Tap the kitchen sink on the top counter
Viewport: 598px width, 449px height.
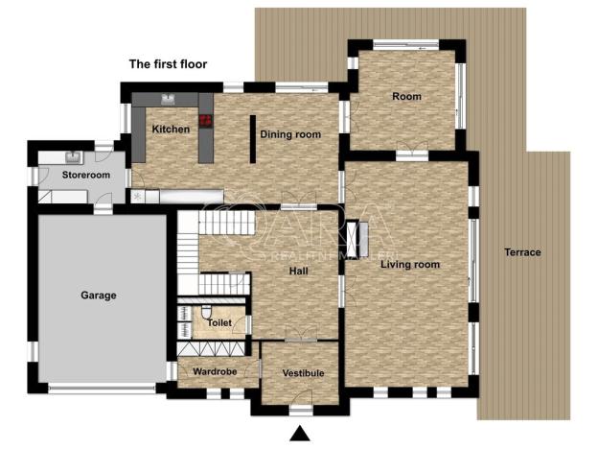167,99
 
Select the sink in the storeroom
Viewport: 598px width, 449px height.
72,156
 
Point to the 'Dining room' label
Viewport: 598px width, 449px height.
290,135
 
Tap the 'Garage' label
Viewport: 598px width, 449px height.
98,295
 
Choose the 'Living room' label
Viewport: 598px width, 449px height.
409,265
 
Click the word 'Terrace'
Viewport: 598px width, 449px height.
522,253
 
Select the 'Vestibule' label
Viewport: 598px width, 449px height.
303,373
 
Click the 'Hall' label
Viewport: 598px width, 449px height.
299,272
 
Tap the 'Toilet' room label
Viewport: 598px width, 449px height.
219,323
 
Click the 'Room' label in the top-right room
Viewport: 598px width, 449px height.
406,97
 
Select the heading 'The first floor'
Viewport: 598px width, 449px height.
168,64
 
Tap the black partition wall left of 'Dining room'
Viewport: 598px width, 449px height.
252,140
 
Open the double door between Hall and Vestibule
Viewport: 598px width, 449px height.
301,338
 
